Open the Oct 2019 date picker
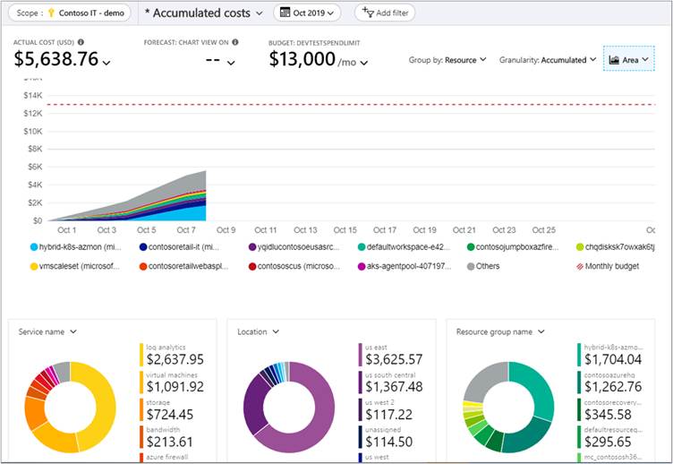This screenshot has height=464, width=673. [x=306, y=13]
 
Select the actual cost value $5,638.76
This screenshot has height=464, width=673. [x=56, y=59]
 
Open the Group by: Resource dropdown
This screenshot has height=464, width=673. [x=447, y=60]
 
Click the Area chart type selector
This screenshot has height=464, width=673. [x=629, y=60]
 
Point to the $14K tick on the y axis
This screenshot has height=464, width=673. [x=33, y=95]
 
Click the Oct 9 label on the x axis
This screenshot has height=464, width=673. [x=226, y=230]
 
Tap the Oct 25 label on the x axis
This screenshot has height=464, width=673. [x=543, y=230]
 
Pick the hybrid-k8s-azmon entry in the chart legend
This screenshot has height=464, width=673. [x=76, y=247]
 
